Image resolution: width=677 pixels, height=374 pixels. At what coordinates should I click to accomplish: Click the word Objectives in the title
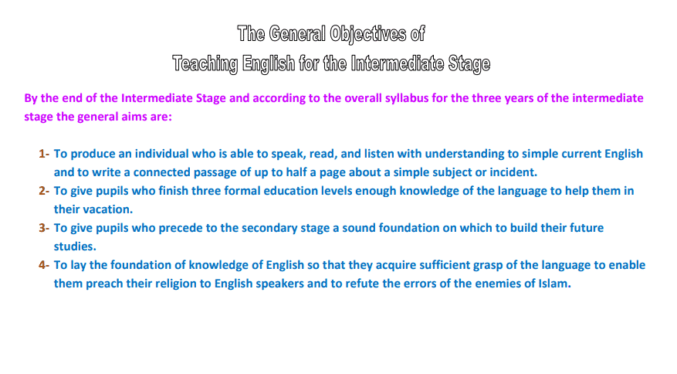(x=368, y=35)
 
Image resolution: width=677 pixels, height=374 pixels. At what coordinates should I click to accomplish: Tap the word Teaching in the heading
(x=205, y=64)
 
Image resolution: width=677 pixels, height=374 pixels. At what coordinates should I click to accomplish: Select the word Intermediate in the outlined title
(x=398, y=63)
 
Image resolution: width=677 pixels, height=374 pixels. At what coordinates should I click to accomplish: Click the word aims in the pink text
(x=134, y=117)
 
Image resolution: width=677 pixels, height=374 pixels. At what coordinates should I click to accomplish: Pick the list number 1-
(x=44, y=154)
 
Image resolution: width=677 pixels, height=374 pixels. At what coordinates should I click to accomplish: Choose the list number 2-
(x=44, y=191)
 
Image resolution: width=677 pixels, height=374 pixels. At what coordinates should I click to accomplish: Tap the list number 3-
(x=44, y=228)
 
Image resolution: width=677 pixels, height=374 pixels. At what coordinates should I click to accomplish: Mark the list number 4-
(x=44, y=265)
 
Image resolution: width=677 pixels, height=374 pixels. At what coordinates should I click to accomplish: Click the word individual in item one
(x=162, y=154)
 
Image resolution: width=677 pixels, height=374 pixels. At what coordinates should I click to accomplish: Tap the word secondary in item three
(x=269, y=228)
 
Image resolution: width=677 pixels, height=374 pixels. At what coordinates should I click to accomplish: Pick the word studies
(x=75, y=246)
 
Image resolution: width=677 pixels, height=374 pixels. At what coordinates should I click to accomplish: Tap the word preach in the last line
(x=104, y=284)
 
